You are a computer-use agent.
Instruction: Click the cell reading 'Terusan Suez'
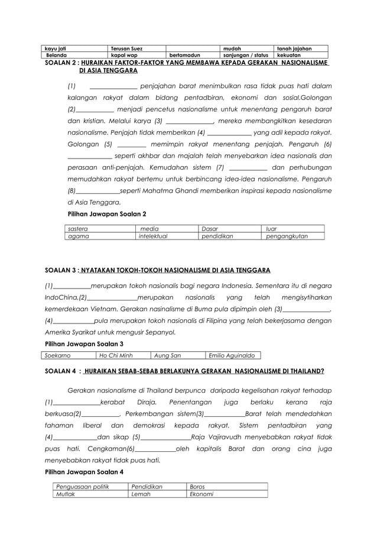pyautogui.click(x=127, y=48)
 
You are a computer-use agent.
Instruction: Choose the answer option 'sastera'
pyautogui.click(x=78, y=228)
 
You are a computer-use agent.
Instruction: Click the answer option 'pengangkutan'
pyautogui.click(x=287, y=236)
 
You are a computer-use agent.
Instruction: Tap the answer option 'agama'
pyautogui.click(x=78, y=236)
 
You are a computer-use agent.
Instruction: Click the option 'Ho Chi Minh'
pyautogui.click(x=116, y=355)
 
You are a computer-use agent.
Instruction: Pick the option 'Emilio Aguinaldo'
pyautogui.click(x=232, y=355)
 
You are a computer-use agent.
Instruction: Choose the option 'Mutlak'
pyautogui.click(x=66, y=494)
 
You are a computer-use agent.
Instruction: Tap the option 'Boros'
pyautogui.click(x=197, y=486)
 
